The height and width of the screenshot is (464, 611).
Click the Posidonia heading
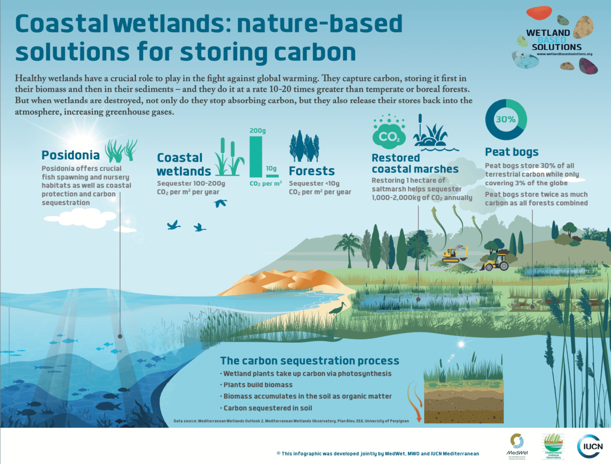tap(70, 154)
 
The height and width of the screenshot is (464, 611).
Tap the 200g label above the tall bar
tap(258, 131)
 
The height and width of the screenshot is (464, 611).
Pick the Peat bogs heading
tap(511, 151)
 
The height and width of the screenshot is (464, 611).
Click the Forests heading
tap(312, 171)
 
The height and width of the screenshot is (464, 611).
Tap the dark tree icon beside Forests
tap(304, 146)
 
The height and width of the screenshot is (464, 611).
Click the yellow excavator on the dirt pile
tap(455, 254)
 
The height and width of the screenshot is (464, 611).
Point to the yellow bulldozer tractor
tap(495, 261)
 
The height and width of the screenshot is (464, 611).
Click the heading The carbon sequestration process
tap(309, 361)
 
